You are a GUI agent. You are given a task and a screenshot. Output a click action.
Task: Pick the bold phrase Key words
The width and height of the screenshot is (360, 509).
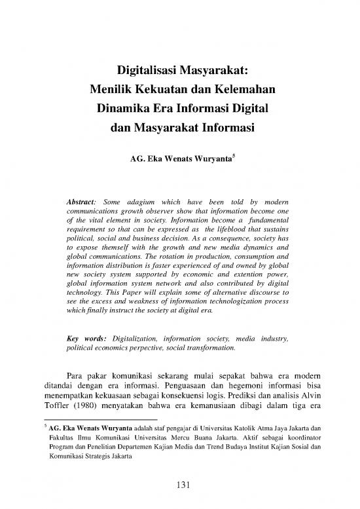coord(88,339)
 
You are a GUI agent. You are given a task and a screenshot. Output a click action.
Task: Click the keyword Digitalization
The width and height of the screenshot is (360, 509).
coord(143,339)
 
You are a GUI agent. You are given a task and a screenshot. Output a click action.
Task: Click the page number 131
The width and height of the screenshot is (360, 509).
coord(180,485)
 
